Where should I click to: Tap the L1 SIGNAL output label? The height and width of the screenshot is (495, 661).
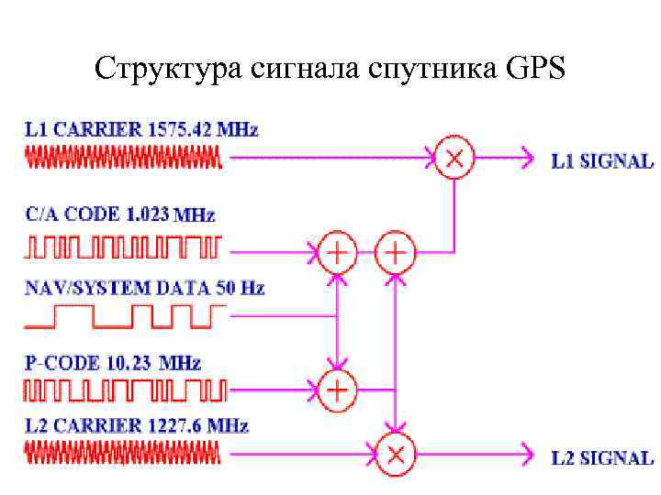click(x=602, y=160)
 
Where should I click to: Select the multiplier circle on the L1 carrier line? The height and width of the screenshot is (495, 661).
click(x=454, y=159)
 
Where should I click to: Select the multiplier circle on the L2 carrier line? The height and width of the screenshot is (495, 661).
click(x=396, y=452)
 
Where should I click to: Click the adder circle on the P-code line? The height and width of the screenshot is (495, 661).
click(x=338, y=391)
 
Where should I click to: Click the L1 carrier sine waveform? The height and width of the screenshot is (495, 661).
click(x=123, y=159)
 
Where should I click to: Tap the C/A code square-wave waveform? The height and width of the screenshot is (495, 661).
click(x=123, y=247)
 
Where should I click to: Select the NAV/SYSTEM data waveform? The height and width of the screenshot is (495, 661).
click(x=123, y=318)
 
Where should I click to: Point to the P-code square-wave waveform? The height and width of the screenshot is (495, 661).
click(x=123, y=391)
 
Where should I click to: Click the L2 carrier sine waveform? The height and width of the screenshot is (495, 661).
click(x=123, y=452)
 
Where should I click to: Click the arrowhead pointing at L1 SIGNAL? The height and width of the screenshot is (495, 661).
click(x=526, y=159)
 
